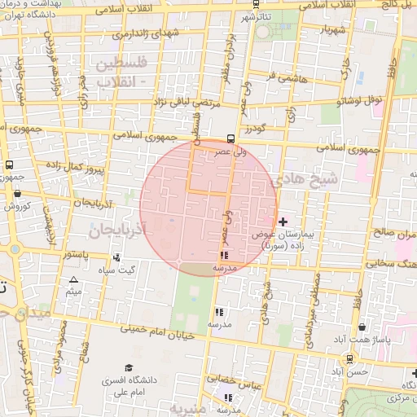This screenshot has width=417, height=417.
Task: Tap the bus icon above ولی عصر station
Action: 232,138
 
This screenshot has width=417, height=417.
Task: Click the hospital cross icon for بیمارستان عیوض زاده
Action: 283,222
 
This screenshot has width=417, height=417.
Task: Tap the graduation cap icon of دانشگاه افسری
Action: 128,368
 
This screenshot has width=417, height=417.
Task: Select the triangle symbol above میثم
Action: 73,279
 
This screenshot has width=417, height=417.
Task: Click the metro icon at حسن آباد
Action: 349,358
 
